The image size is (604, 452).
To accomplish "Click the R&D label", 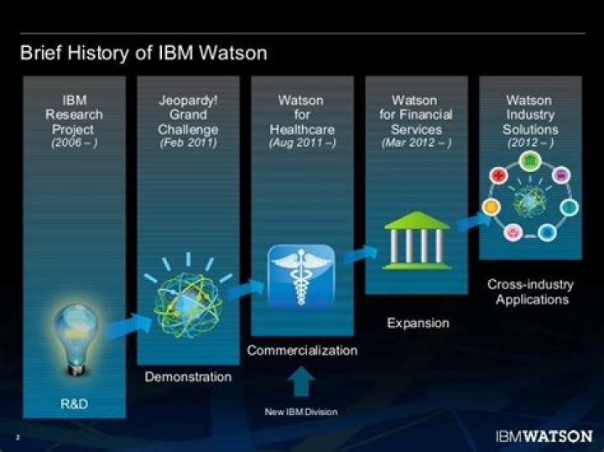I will click(74, 405).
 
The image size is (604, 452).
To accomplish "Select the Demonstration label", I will click(188, 377).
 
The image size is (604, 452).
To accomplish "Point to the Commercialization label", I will click(302, 350).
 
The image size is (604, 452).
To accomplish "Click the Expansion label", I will click(418, 323).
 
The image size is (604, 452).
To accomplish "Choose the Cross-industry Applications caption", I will click(532, 292).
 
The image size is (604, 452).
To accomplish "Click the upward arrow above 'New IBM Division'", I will click(302, 382).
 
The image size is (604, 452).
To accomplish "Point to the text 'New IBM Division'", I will click(302, 412).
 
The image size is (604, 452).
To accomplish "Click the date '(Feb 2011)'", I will click(188, 143).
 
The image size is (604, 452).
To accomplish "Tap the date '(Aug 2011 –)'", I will click(302, 143).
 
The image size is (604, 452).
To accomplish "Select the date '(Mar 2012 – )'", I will click(417, 143).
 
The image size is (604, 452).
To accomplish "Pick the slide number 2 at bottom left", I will click(18, 437).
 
